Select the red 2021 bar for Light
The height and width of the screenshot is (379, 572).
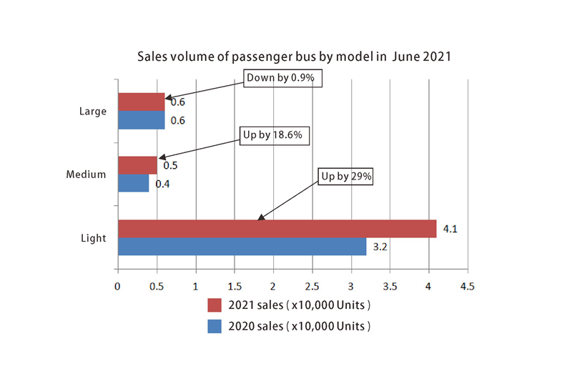277,228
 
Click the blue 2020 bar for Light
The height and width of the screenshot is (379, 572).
242,247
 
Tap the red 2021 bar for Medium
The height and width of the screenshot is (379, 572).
137,165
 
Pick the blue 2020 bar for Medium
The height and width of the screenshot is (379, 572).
133,184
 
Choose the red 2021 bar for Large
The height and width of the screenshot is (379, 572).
141,102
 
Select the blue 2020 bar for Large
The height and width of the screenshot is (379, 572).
141,121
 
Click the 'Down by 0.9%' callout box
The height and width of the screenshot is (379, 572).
283,78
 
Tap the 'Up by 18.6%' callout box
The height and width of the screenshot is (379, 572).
275,135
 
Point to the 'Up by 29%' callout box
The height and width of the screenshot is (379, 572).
345,176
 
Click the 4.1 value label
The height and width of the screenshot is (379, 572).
450,230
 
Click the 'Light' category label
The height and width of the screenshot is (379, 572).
94,237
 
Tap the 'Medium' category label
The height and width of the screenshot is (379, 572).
87,174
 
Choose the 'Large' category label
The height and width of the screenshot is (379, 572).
94,112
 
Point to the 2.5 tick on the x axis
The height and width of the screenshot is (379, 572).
312,285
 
